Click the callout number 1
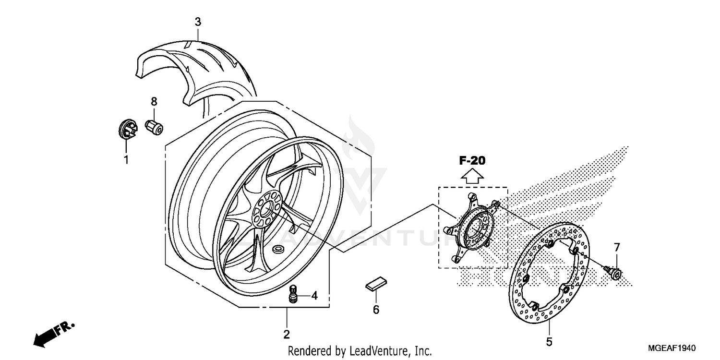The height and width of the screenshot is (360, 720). point(126,160)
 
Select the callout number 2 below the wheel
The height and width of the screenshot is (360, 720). point(287,334)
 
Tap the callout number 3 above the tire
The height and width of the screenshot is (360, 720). point(198,22)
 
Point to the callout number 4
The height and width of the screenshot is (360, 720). point(314,296)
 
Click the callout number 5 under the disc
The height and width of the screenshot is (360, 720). point(549,342)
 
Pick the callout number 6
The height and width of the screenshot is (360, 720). point(376,310)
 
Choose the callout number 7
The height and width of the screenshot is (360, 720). point(617,248)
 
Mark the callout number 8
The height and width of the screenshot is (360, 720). point(154,101)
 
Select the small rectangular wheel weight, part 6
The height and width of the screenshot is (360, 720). point(375,284)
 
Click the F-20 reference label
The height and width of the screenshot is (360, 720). point(472,161)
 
